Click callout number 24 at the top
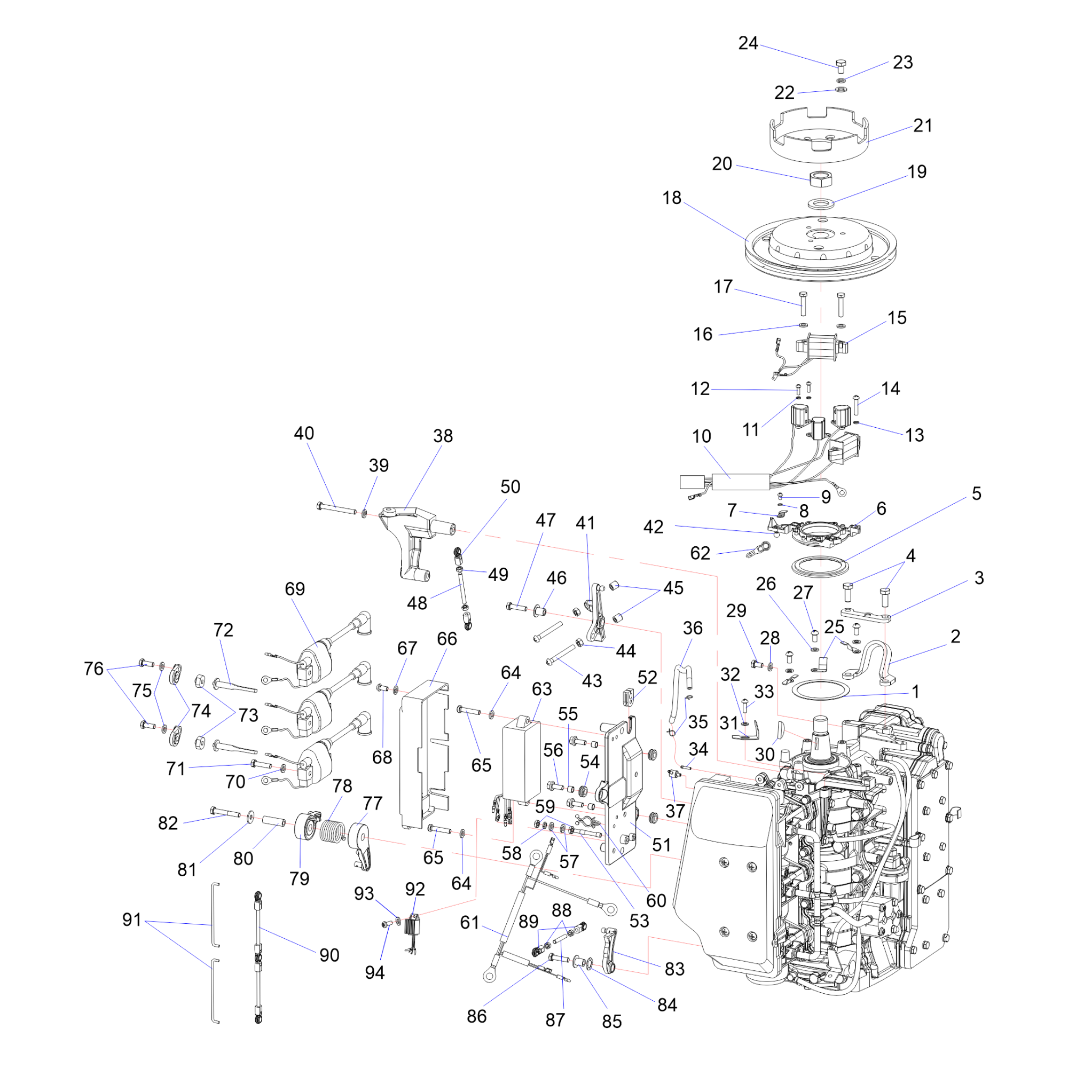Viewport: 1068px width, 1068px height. [748, 43]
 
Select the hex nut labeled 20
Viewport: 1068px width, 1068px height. [821, 178]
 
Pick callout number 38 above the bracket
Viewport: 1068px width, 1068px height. [443, 436]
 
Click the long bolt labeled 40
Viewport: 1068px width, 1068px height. [336, 507]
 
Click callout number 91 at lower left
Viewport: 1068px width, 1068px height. [132, 920]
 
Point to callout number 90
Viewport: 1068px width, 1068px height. [329, 955]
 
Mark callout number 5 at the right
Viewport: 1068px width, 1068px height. [976, 493]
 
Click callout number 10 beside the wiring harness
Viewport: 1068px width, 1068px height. [702, 436]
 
